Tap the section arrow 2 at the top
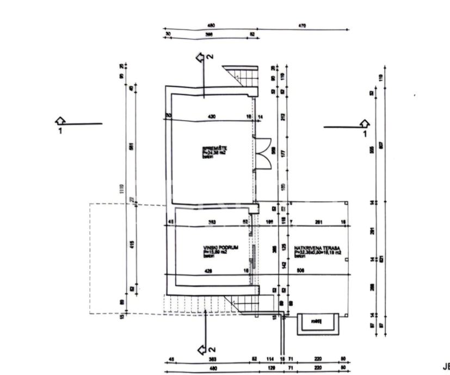(x=204, y=57)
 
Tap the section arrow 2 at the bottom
(x=204, y=348)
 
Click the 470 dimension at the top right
(x=303, y=26)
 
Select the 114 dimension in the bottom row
(x=270, y=359)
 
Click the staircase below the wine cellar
(x=239, y=304)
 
